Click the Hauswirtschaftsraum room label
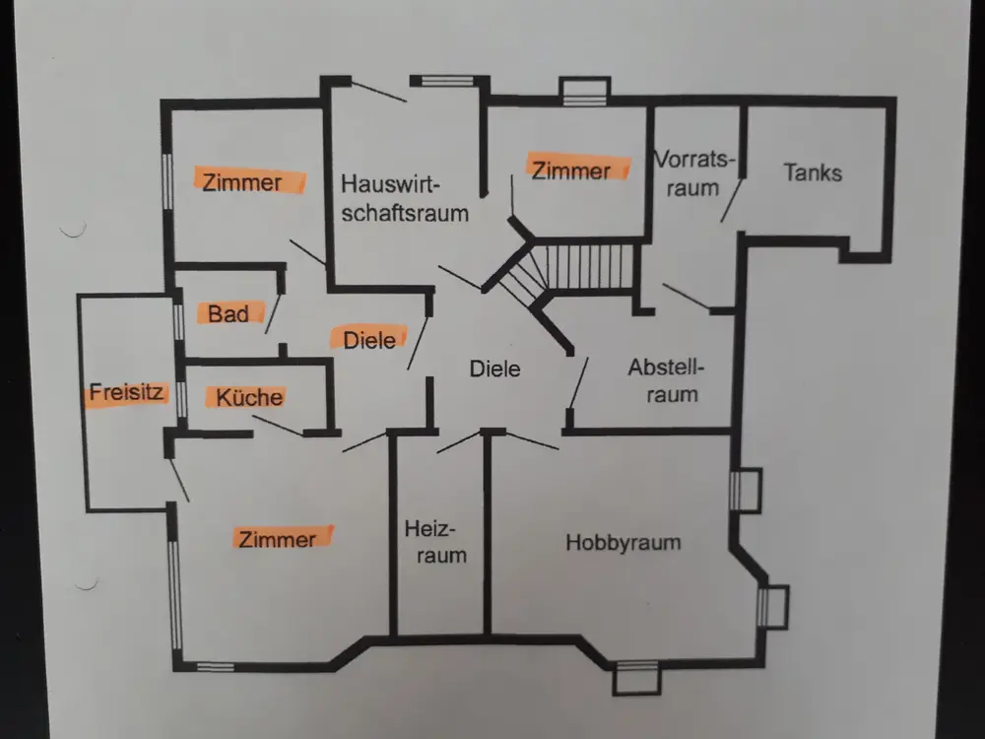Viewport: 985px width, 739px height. click(x=405, y=197)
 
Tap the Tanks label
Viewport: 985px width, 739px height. click(x=813, y=172)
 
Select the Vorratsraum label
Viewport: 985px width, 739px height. click(x=695, y=172)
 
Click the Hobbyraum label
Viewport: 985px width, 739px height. click(x=624, y=542)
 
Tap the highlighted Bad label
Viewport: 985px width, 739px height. click(x=228, y=314)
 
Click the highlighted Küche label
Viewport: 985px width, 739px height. click(x=249, y=397)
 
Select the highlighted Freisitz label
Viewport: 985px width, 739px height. click(x=124, y=390)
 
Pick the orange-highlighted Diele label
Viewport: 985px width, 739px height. click(x=369, y=339)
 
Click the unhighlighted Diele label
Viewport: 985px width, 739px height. click(x=493, y=369)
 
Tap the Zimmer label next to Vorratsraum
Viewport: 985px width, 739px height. click(x=570, y=170)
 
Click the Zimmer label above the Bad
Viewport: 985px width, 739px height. click(x=242, y=182)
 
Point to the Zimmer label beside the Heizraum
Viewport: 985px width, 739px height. click(x=278, y=539)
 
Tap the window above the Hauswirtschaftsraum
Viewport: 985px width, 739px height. click(x=442, y=82)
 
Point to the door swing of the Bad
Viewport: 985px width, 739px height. click(x=273, y=311)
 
